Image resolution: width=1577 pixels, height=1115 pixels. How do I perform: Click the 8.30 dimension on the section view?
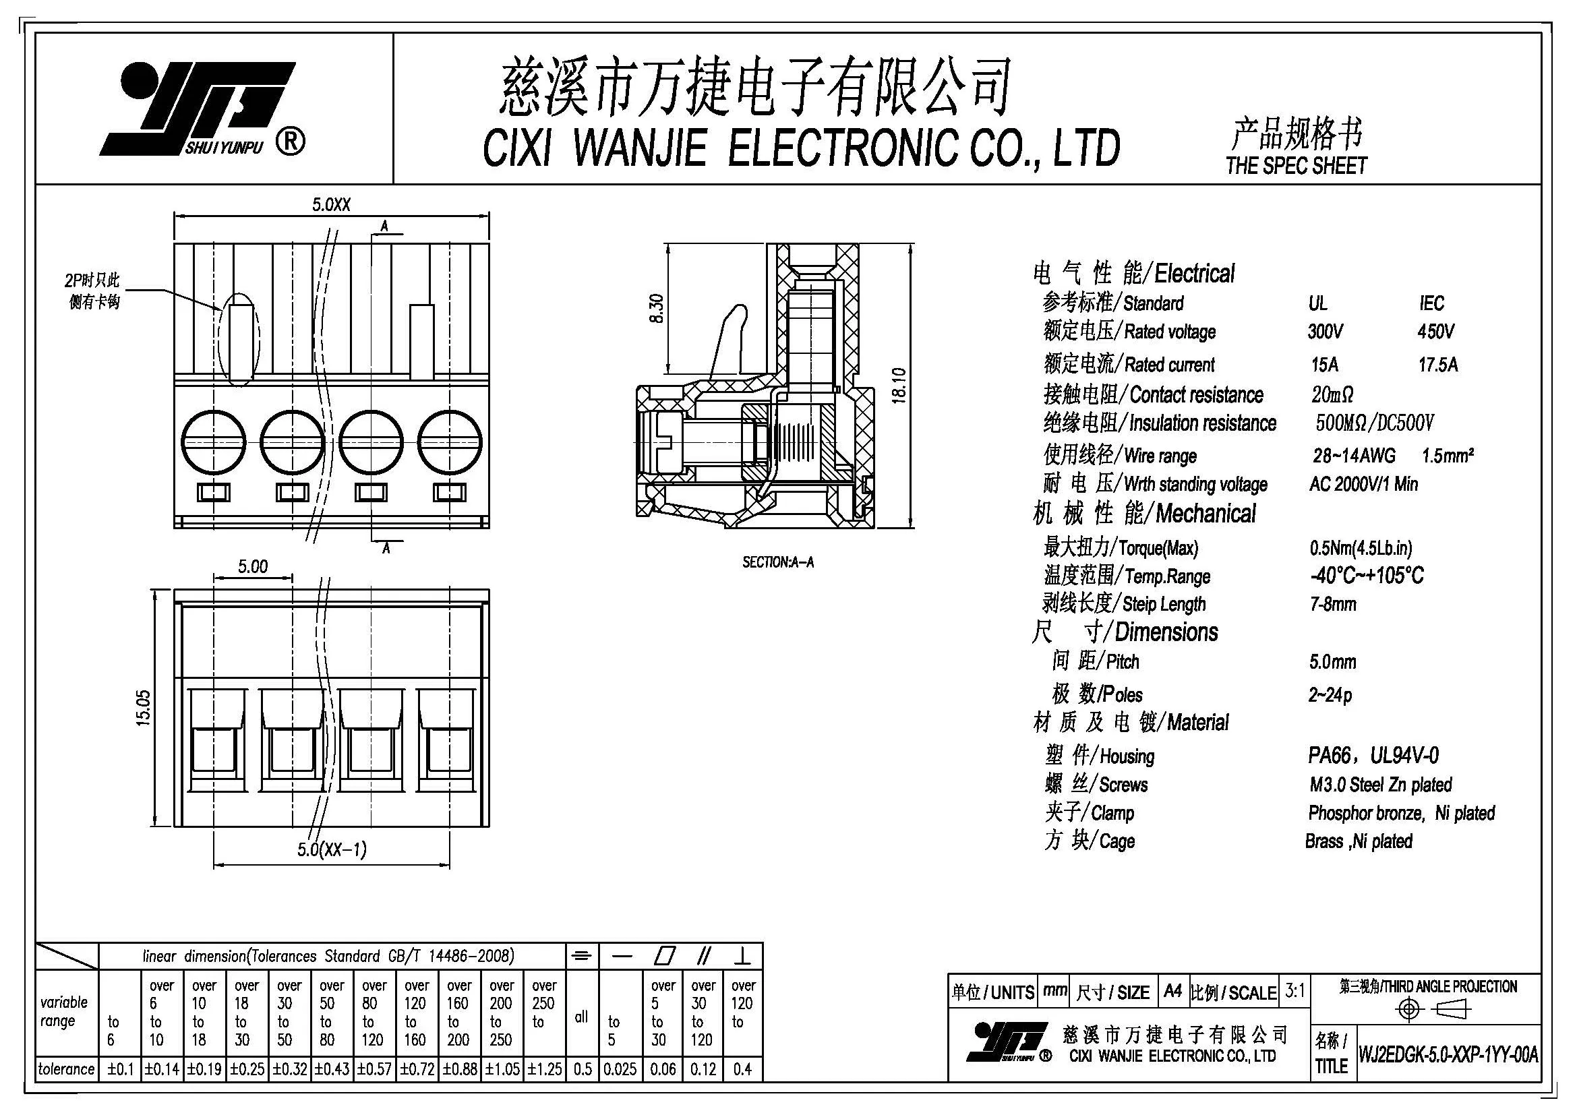coord(657,308)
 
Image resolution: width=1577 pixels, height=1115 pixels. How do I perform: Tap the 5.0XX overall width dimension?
coord(331,205)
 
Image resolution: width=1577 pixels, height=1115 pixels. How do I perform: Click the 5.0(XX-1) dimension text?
coord(332,849)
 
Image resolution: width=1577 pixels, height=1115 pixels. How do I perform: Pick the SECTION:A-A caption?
coord(777,562)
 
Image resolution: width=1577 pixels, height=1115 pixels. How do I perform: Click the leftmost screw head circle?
coord(214,442)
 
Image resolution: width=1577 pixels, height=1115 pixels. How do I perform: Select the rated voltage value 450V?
coord(1435,332)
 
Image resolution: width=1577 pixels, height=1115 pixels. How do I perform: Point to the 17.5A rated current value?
coord(1437,365)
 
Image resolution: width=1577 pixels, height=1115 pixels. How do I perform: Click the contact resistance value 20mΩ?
coord(1332,395)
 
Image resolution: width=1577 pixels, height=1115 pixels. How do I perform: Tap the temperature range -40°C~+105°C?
coord(1366,575)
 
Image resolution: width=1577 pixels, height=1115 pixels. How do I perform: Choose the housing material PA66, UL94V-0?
coord(1373,756)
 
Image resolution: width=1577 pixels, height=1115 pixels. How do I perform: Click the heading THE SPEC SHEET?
coord(1296,165)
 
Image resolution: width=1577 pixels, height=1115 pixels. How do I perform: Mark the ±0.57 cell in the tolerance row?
coord(375,1069)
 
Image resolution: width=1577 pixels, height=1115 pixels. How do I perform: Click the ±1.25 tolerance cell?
coord(545,1069)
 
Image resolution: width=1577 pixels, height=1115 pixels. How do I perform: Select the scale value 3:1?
coord(1295,991)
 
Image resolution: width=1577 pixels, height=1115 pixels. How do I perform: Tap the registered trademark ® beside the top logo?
coord(291,142)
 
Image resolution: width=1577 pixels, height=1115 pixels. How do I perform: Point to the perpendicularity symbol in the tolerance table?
coord(742,956)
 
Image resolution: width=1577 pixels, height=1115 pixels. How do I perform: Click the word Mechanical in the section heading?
coord(1206,514)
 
